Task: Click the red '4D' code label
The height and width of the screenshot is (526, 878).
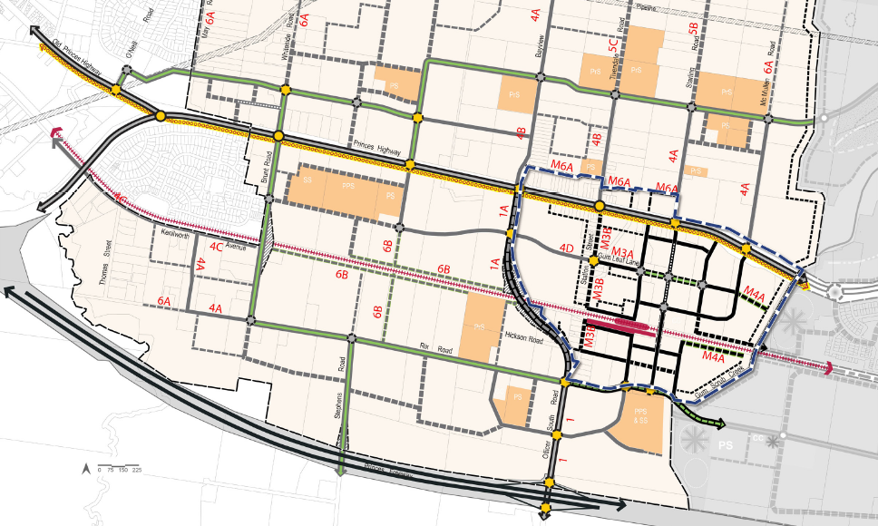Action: (x=567, y=248)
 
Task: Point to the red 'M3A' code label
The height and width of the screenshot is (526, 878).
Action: (x=622, y=253)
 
